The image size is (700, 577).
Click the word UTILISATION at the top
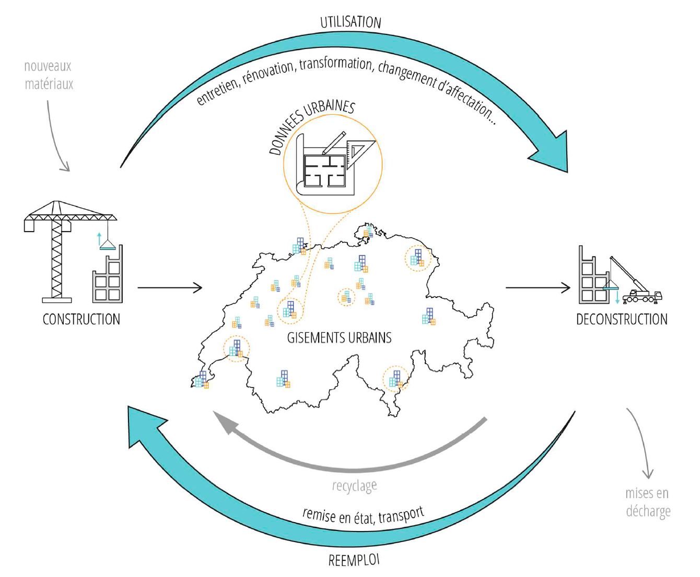pos(351,22)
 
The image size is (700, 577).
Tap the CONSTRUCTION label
pos(81,319)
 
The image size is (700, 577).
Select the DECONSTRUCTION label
pos(622,319)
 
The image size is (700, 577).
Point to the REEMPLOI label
pos(354,560)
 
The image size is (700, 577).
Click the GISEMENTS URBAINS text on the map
pos(339,338)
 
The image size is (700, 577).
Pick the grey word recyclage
pos(354,486)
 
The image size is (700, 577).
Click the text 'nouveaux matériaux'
pos(49,75)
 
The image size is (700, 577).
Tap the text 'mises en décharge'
pos(648,502)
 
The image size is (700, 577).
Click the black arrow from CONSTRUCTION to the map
pos(170,287)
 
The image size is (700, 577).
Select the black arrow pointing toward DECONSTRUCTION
pos(538,287)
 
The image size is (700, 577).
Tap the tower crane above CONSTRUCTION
pos(57,250)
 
